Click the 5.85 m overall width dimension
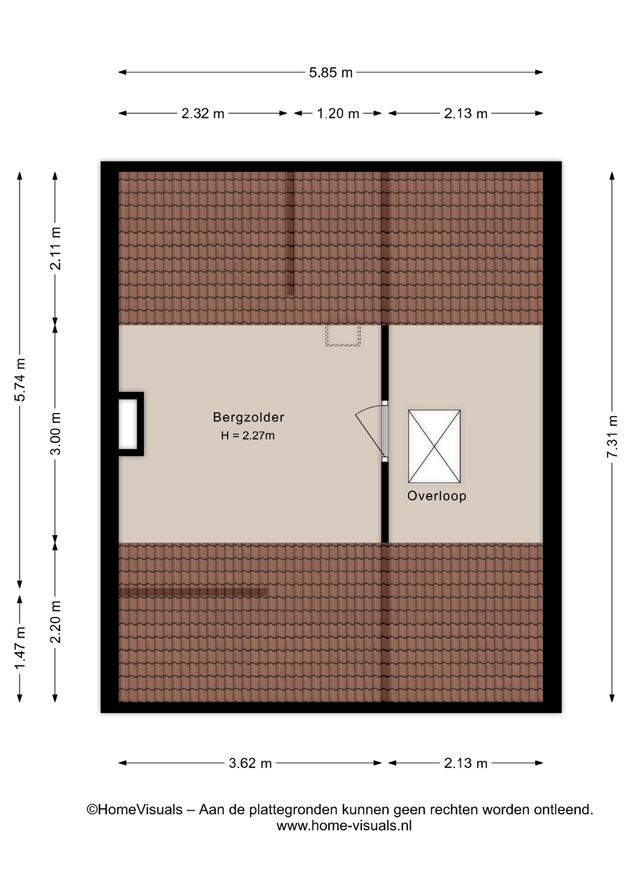click(x=330, y=73)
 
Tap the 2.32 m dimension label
click(x=203, y=114)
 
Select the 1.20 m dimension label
click(x=338, y=114)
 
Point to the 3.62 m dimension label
click(x=250, y=763)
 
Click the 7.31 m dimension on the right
click(x=612, y=436)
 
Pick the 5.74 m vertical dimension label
click(x=20, y=380)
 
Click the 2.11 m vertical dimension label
click(x=55, y=249)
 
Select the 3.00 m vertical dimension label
click(x=55, y=433)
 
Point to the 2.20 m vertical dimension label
click(x=55, y=622)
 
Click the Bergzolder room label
click(x=249, y=417)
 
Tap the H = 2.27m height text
click(x=248, y=436)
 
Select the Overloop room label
click(x=437, y=496)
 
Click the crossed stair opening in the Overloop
click(x=434, y=447)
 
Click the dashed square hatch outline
click(x=343, y=333)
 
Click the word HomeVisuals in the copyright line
click(x=140, y=810)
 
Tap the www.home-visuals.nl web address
click(x=344, y=826)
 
